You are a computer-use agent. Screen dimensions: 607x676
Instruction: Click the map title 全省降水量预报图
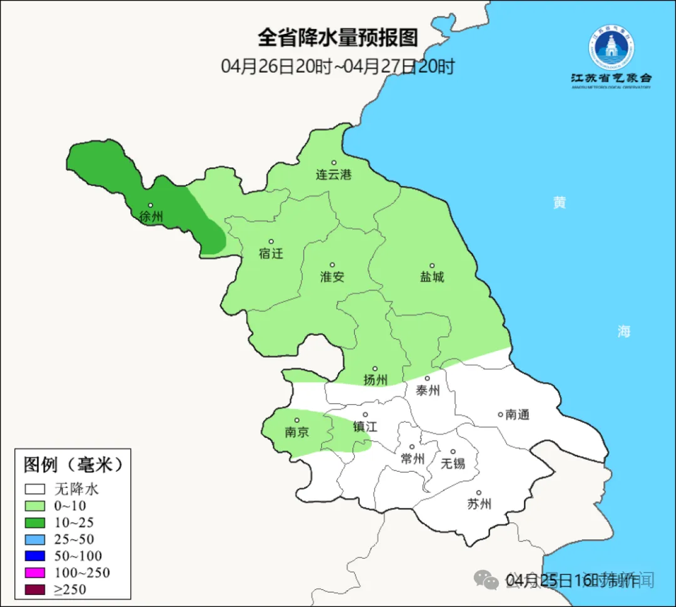tap(338, 38)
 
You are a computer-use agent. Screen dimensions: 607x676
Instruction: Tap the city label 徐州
tap(151, 217)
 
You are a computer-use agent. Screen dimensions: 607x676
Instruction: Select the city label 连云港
tap(334, 175)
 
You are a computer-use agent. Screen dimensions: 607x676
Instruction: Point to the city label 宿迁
tap(271, 253)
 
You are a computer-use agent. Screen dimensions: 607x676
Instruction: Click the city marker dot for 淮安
tap(332, 265)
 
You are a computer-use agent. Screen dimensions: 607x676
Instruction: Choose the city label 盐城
tap(432, 276)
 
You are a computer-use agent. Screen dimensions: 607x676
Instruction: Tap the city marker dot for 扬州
tap(375, 369)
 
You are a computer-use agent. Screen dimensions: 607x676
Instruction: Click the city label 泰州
tap(428, 390)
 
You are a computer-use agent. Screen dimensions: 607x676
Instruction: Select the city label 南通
tap(518, 414)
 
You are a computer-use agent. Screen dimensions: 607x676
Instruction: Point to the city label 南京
tap(297, 432)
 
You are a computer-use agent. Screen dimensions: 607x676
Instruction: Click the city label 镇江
tap(366, 426)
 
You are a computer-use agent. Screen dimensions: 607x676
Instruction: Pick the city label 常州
tap(412, 459)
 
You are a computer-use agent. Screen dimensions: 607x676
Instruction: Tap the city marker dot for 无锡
tap(453, 452)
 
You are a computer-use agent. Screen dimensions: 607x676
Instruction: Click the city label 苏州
tap(479, 504)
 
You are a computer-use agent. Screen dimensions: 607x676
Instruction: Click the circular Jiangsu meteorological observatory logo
tap(610, 49)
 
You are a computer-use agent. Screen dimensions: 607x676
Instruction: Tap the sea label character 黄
tap(559, 202)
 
